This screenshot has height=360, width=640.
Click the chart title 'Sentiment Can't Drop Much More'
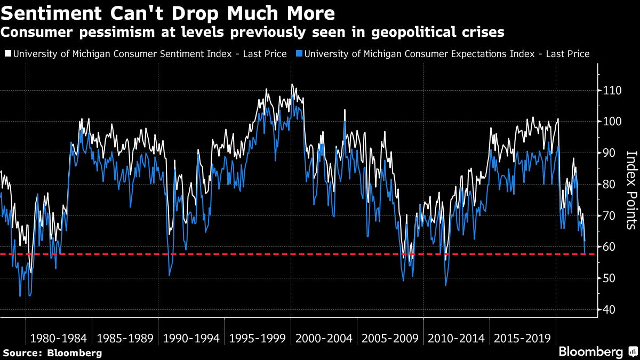168,13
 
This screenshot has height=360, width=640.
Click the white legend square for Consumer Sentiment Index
7,54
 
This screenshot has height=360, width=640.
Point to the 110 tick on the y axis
608,91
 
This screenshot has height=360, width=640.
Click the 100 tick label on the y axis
608,122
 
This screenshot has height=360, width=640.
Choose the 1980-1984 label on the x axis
59,338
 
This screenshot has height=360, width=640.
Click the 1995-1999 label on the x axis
258,338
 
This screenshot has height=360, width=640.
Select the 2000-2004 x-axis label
324,338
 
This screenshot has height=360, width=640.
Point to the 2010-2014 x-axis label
457,338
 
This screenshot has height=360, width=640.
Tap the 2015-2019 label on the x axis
523,338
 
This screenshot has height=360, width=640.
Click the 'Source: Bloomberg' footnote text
52,353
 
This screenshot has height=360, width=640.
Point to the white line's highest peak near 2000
292,84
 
